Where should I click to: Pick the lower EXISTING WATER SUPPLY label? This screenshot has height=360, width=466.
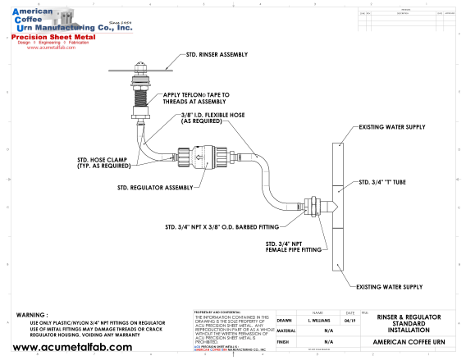coord(389,286)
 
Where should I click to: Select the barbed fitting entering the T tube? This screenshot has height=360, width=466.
coord(316,205)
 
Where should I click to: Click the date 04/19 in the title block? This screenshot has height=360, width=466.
coord(350,321)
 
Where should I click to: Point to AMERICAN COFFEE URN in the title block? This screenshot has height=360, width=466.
coord(409,340)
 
